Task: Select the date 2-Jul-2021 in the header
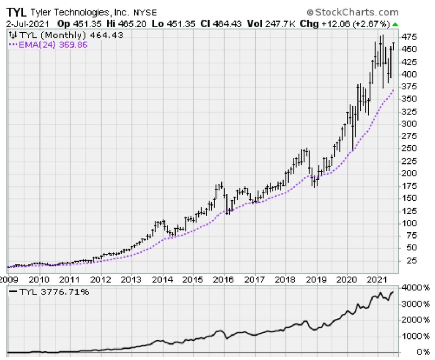click(28, 24)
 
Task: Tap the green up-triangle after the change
click(395, 24)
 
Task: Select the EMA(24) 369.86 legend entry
click(48, 45)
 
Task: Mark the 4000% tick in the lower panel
click(416, 288)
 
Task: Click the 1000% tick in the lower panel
click(416, 337)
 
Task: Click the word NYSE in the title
click(145, 13)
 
